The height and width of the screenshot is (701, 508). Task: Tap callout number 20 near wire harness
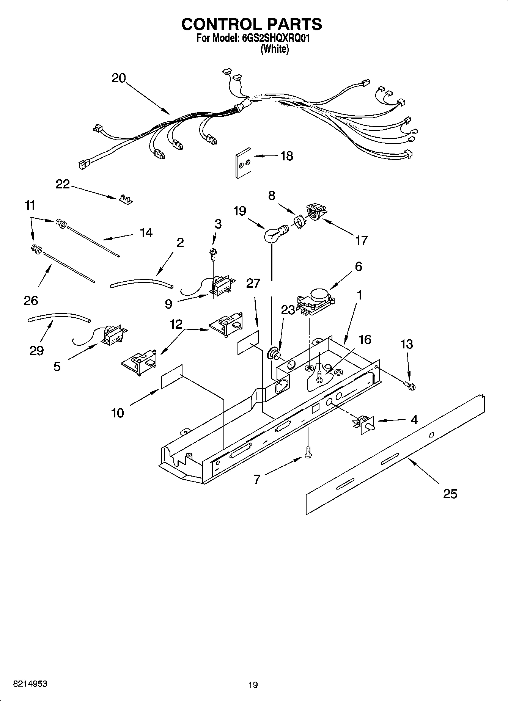tap(119, 78)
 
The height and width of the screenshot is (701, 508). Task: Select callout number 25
tap(450, 494)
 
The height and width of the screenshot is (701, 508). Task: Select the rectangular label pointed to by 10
tap(172, 376)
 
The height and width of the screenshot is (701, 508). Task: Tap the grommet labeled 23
tap(274, 354)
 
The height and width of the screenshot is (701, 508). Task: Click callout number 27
tap(253, 283)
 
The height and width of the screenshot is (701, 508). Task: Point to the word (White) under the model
tap(274, 49)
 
